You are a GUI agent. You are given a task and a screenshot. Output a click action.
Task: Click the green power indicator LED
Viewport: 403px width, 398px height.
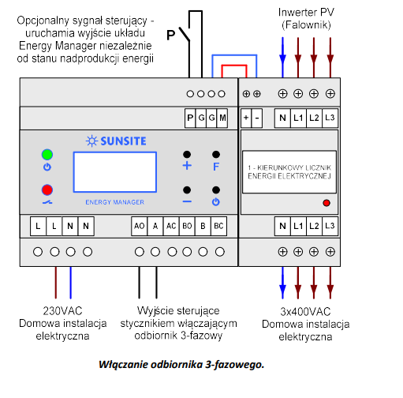[47, 155]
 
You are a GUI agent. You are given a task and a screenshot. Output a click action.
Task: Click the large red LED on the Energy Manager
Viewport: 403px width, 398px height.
[47, 190]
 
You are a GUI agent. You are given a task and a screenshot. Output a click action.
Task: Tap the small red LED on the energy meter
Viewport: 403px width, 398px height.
[327, 203]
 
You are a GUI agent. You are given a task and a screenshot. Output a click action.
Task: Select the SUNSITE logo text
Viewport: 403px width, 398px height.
[123, 141]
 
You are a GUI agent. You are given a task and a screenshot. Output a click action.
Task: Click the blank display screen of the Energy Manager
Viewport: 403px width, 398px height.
[115, 172]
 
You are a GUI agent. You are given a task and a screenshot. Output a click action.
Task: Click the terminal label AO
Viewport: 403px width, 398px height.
[140, 226]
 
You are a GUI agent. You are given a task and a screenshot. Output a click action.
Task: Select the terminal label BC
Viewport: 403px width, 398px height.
[218, 226]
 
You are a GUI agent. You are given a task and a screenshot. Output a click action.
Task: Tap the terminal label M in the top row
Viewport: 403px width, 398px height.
[222, 118]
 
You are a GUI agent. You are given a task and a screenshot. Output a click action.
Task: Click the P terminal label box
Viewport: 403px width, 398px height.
[190, 118]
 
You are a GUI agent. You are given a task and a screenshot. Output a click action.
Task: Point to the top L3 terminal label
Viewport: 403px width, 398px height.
[330, 118]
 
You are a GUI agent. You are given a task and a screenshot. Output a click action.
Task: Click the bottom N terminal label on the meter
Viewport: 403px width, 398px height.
[282, 226]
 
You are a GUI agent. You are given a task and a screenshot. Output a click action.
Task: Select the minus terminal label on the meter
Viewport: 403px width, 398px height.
[257, 118]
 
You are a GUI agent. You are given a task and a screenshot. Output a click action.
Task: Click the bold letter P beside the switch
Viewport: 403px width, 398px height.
[171, 35]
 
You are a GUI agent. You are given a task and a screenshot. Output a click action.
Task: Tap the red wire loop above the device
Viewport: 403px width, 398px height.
[234, 65]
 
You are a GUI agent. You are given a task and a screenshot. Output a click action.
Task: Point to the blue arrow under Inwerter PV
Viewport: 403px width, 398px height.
[282, 58]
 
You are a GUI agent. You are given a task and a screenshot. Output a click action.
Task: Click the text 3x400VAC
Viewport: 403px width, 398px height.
[305, 312]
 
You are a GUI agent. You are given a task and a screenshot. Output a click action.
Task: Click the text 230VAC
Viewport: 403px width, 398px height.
[62, 311]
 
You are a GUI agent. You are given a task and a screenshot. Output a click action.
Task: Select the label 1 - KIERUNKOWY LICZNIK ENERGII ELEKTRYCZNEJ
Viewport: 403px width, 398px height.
[289, 172]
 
